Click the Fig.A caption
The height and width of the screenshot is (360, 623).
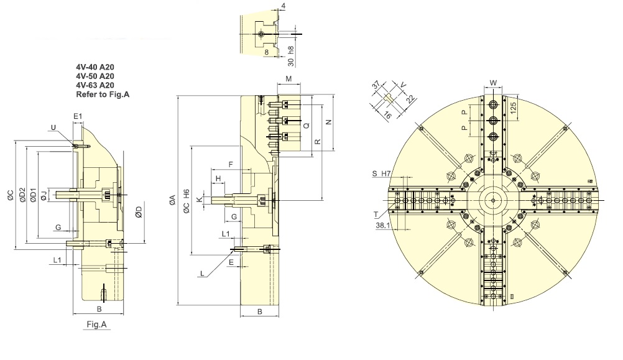click(x=96, y=324)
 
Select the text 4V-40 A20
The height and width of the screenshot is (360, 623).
click(x=95, y=67)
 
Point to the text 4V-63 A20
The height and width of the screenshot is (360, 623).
click(x=95, y=85)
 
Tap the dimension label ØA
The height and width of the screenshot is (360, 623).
click(x=172, y=200)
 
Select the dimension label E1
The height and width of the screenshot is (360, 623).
click(x=78, y=116)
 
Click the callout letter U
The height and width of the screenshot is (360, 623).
click(x=53, y=127)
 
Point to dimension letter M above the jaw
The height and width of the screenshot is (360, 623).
click(x=289, y=79)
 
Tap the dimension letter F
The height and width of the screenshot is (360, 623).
click(x=231, y=165)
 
